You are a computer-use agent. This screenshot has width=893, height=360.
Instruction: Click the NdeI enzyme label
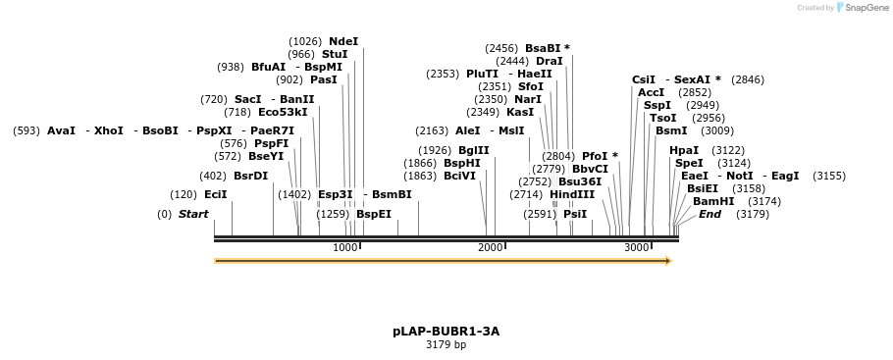point(343,41)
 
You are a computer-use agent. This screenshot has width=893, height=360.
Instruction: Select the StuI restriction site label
point(335,54)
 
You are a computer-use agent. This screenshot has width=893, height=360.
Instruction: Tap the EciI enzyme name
point(215,194)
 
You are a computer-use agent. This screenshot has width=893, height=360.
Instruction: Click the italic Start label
point(193,214)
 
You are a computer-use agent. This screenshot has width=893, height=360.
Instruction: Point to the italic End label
point(709,214)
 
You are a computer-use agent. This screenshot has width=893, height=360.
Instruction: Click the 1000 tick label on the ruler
point(344,247)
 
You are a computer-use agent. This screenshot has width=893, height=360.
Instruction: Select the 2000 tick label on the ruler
point(490,247)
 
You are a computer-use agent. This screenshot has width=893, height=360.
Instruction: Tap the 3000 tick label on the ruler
point(636,247)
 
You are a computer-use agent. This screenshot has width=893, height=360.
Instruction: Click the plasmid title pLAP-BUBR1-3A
point(446,332)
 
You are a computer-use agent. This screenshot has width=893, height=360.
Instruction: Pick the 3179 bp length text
point(446,345)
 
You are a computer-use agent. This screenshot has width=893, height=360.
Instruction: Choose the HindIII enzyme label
point(572,194)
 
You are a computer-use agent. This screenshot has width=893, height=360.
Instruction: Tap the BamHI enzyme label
point(713,201)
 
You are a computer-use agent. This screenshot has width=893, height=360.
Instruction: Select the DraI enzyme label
point(550,61)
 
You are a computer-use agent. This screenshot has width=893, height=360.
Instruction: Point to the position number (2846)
point(748,79)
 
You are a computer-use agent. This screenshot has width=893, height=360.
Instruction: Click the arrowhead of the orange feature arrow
point(668,261)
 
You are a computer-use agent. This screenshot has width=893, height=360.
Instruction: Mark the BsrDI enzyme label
point(250,176)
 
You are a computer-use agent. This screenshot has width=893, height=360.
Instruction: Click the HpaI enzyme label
point(684,150)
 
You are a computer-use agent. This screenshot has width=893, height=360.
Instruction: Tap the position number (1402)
point(294,194)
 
